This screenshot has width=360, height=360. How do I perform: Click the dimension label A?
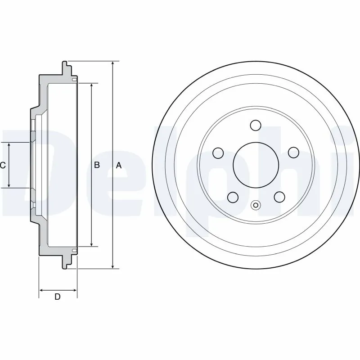click(x=119, y=166)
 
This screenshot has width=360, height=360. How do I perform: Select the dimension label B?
click(x=96, y=166)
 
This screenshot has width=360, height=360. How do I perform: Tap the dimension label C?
click(x=3, y=166)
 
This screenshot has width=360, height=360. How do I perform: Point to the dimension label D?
click(x=58, y=297)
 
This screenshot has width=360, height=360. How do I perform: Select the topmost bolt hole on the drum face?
click(x=256, y=125)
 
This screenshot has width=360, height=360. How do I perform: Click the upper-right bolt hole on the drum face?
click(x=293, y=153)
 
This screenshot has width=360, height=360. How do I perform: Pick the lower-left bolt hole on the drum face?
click(x=233, y=197)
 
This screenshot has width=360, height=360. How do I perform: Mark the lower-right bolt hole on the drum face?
click(x=279, y=197)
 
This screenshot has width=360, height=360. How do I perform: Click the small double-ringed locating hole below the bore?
click(x=255, y=206)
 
